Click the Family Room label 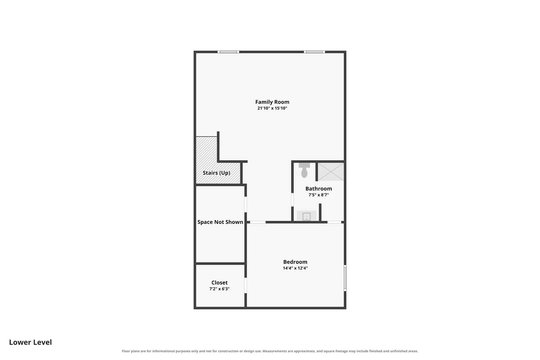point(272,102)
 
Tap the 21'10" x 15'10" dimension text point(272,108)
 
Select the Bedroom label point(295,262)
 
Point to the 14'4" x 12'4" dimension point(295,268)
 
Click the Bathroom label point(318,189)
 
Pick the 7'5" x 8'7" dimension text point(318,195)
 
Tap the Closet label point(219,283)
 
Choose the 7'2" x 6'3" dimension point(219,289)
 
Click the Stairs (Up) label point(216,173)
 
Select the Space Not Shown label point(220,222)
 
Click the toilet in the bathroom point(304,170)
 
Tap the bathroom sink point(306,216)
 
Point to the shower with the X point(331,172)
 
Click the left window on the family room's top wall point(228,52)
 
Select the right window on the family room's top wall point(314,52)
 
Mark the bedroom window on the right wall point(345,278)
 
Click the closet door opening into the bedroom point(246,285)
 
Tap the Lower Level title point(30,342)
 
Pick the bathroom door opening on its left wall point(292,200)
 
